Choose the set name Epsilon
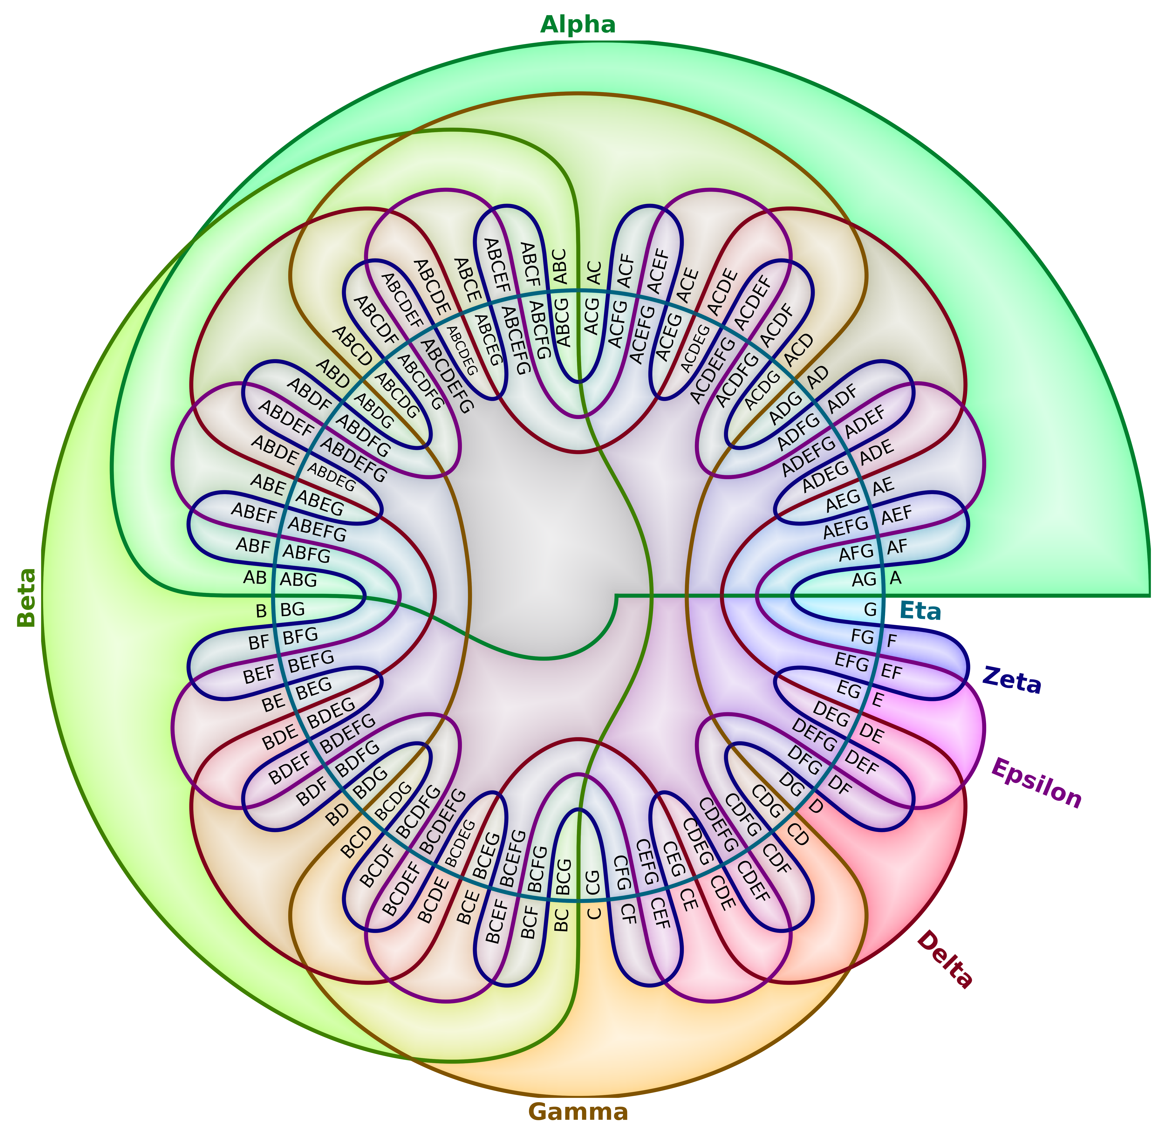1036,784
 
